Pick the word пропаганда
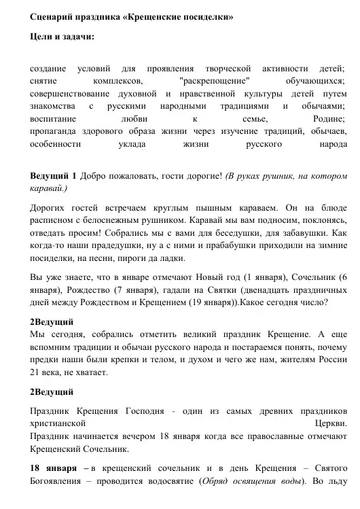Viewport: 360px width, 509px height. (x=59, y=130)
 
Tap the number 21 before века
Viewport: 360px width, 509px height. (x=37, y=372)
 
